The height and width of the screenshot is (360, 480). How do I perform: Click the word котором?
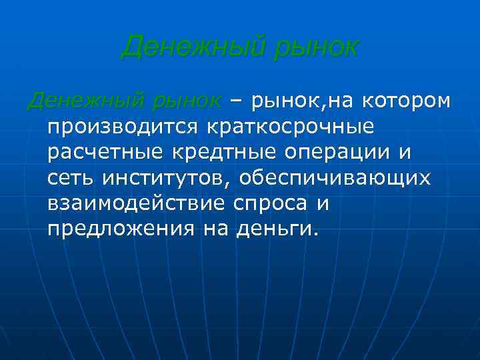pyautogui.click(x=407, y=101)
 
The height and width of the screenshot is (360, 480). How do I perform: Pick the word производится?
pyautogui.click(x=122, y=127)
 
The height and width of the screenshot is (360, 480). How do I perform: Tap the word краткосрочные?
pyautogui.click(x=291, y=127)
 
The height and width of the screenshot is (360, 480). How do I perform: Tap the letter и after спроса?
pyautogui.click(x=323, y=204)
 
